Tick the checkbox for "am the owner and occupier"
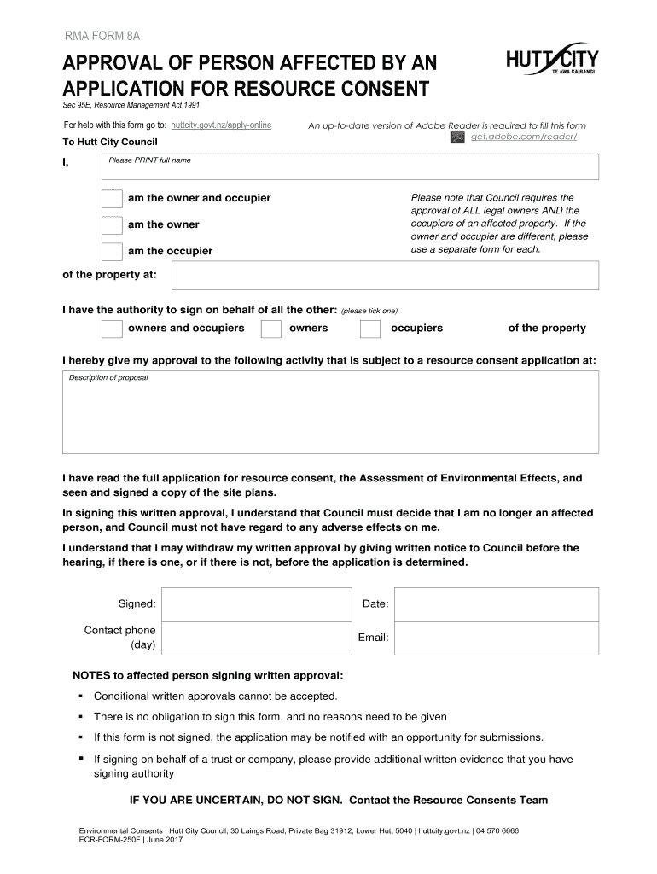[x=112, y=199]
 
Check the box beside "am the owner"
[x=112, y=225]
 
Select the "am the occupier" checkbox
[x=112, y=252]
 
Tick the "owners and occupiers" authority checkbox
[x=112, y=329]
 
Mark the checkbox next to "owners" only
[x=271, y=329]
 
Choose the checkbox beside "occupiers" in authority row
[x=370, y=329]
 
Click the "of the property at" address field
[x=385, y=276]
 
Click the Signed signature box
[x=255, y=604]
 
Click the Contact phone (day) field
[x=255, y=638]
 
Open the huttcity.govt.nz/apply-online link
[x=221, y=125]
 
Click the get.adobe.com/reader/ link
[x=524, y=137]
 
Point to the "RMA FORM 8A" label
[x=102, y=35]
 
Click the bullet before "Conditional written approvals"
[x=81, y=696]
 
